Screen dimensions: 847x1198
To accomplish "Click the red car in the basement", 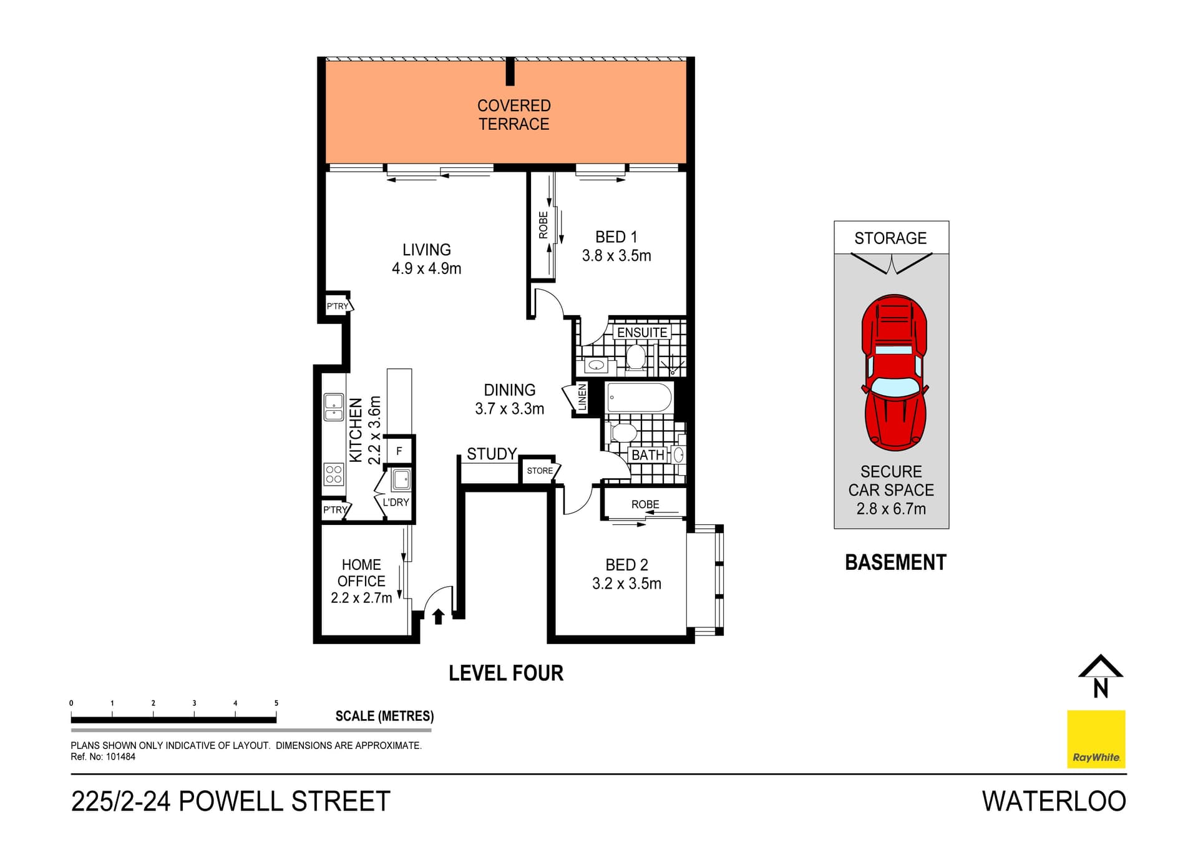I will pyautogui.click(x=894, y=373).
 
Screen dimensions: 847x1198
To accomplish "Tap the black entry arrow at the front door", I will pyautogui.click(x=438, y=616).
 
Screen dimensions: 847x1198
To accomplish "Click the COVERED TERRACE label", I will pyautogui.click(x=514, y=115).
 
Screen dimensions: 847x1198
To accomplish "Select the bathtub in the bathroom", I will pyautogui.click(x=639, y=398).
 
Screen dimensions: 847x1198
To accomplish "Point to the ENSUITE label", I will pyautogui.click(x=642, y=333).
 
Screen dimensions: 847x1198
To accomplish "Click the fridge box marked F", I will pyautogui.click(x=399, y=451).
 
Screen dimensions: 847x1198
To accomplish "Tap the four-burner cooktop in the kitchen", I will pyautogui.click(x=334, y=474).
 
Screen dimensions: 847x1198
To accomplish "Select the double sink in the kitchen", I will pyautogui.click(x=334, y=407).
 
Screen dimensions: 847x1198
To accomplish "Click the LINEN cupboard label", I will pyautogui.click(x=582, y=398).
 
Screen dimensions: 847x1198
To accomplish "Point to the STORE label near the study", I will pyautogui.click(x=540, y=471).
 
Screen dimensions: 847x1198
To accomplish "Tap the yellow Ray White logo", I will pyautogui.click(x=1096, y=739).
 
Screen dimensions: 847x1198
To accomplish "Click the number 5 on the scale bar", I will pyautogui.click(x=276, y=703).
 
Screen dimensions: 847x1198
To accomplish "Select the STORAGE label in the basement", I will pyautogui.click(x=890, y=238).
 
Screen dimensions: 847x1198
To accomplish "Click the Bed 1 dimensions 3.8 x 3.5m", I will pyautogui.click(x=616, y=256).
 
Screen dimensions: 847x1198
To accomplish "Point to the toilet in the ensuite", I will pyautogui.click(x=635, y=358).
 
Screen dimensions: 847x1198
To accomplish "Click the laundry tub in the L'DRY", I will pyautogui.click(x=401, y=480).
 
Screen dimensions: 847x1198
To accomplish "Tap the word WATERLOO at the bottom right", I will pyautogui.click(x=1054, y=801).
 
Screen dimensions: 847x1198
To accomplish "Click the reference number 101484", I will pyautogui.click(x=120, y=756).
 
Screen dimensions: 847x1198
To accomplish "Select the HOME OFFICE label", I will pyautogui.click(x=361, y=573).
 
